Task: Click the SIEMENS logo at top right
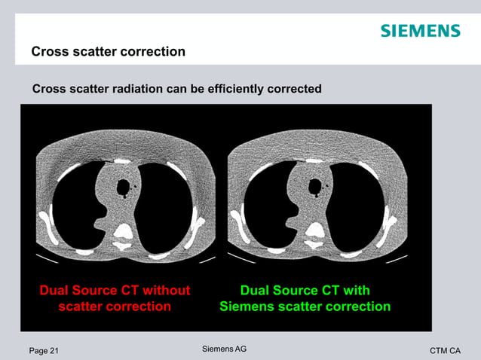click(x=419, y=31)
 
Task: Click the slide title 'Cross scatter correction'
click(x=108, y=52)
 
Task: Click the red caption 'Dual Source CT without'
click(x=115, y=291)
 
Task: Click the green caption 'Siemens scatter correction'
click(x=305, y=307)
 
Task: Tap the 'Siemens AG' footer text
click(x=225, y=349)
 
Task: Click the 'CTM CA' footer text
click(x=445, y=351)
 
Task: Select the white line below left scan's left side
click(x=46, y=258)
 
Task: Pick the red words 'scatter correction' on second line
click(x=115, y=307)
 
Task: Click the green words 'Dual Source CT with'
click(x=305, y=291)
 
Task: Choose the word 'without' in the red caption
click(x=166, y=291)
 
